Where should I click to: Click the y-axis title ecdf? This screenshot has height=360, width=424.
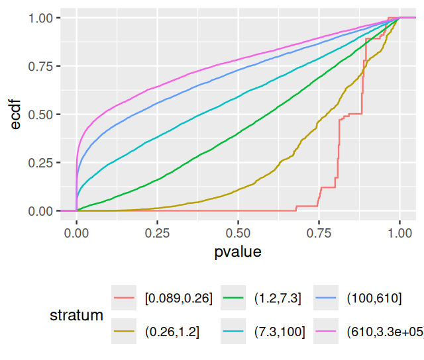pos(15,114)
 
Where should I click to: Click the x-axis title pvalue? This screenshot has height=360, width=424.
pos(238,252)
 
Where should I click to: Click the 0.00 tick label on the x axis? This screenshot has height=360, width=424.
pos(77,234)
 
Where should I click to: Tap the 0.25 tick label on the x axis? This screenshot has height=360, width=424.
pos(158,234)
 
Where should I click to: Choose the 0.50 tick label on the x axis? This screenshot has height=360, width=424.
pos(238,234)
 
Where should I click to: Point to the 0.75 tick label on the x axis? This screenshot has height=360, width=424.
pos(319,234)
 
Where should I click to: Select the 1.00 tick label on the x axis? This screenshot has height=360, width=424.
pos(399,234)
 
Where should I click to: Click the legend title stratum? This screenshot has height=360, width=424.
pos(77,316)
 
